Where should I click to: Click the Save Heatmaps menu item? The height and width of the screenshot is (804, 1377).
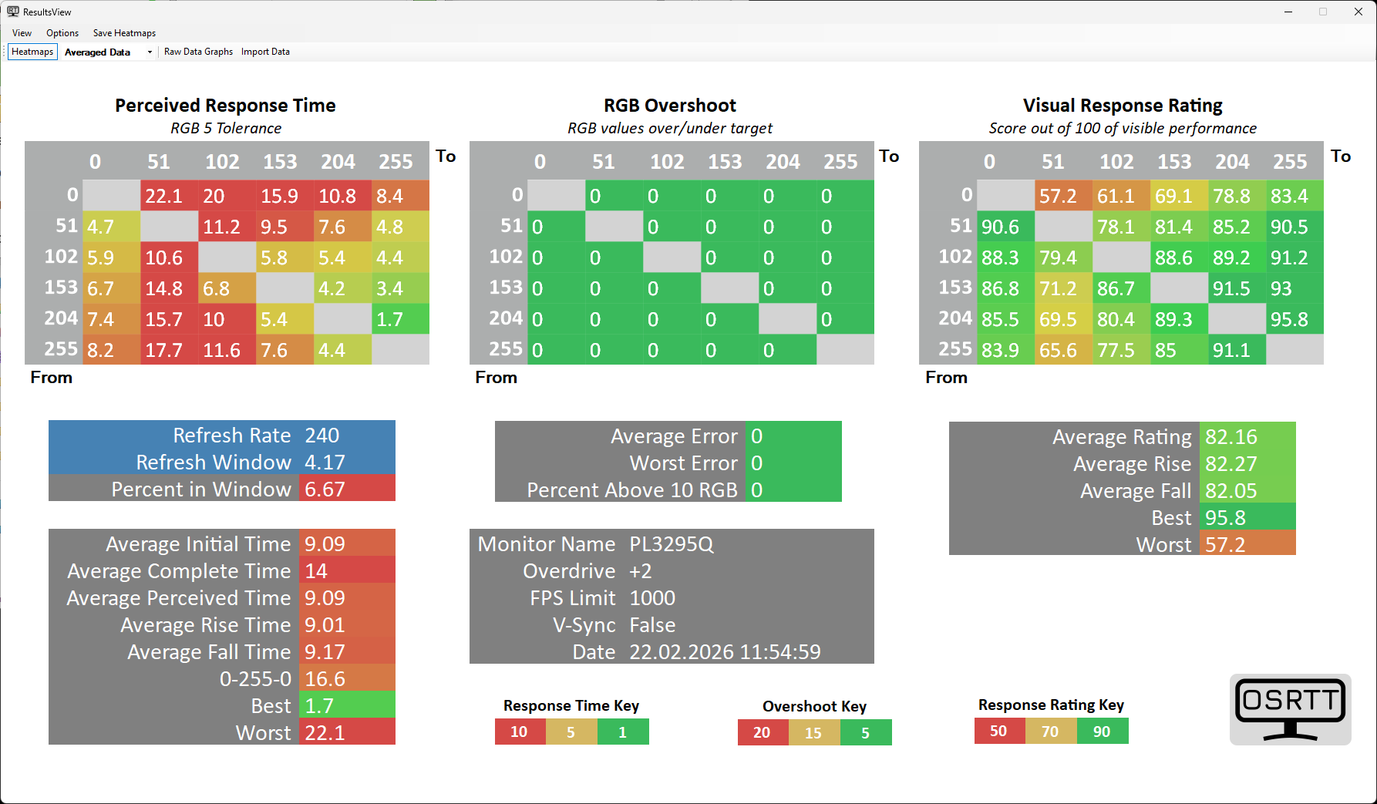click(124, 33)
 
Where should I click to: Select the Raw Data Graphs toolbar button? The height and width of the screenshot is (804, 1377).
click(198, 52)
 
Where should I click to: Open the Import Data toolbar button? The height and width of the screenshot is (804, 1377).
click(265, 52)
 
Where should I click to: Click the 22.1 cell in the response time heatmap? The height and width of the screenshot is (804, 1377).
click(169, 196)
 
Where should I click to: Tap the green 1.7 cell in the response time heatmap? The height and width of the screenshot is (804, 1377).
click(400, 319)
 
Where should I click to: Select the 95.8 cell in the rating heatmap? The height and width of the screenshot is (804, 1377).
click(1295, 319)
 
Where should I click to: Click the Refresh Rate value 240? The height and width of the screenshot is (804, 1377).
click(322, 436)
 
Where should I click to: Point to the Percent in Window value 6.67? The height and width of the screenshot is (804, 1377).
click(325, 489)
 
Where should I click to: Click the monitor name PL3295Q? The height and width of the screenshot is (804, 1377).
click(672, 544)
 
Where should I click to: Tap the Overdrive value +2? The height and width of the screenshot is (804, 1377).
click(641, 571)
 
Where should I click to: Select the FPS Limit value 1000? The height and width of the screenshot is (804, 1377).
click(652, 598)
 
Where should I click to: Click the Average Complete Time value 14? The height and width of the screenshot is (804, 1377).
click(316, 571)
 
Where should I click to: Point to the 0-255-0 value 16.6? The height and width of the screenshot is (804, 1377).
click(325, 679)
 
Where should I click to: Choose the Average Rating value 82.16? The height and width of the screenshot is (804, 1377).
click(1231, 437)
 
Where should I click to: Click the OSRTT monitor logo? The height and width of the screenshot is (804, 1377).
click(1290, 709)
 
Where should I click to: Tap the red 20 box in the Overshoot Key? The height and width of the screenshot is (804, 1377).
click(763, 732)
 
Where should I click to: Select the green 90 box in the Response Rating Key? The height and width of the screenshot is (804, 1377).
click(1103, 732)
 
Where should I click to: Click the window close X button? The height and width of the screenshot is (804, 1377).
click(1358, 12)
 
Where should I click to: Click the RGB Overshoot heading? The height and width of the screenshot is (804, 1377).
click(669, 106)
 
